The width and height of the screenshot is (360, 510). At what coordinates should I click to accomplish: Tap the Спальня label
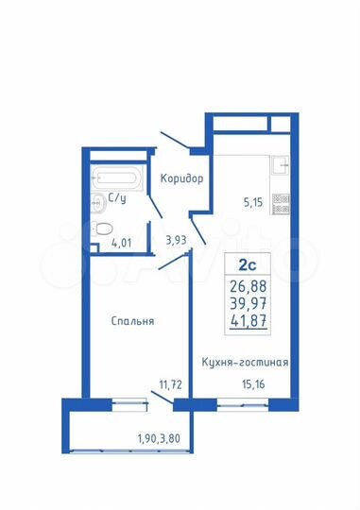132,321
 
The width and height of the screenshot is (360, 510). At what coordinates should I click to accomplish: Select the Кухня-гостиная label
246,362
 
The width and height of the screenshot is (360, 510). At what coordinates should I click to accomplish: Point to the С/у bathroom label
118,198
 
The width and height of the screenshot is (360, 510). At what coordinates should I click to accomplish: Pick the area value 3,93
176,240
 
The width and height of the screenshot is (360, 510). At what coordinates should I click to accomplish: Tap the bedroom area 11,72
170,383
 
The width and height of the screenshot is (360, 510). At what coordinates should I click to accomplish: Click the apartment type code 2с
247,264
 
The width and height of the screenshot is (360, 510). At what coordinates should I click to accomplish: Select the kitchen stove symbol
280,200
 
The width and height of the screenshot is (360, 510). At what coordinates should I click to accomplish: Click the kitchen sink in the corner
279,166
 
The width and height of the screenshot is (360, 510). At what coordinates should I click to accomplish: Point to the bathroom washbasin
97,199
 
